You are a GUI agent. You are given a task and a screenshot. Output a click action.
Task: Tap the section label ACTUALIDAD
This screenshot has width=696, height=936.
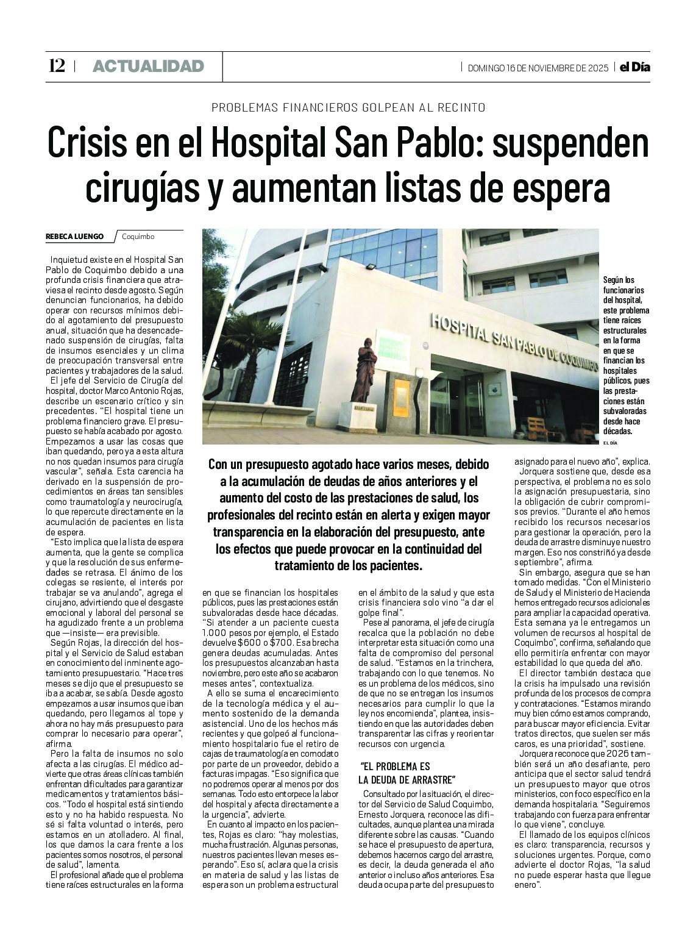[x=148, y=66]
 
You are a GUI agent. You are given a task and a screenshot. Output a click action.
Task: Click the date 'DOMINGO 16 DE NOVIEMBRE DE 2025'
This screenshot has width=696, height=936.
[x=538, y=68]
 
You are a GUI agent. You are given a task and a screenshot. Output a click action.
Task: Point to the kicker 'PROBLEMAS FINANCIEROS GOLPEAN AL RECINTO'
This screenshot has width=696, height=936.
[x=348, y=108]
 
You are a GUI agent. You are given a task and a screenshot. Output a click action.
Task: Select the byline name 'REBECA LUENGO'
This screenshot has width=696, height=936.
[x=74, y=237]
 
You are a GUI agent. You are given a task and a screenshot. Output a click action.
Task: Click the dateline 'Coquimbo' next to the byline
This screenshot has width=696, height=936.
[x=138, y=237]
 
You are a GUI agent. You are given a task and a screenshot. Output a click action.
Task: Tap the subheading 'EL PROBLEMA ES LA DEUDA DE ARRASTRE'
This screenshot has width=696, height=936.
[x=407, y=773]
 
